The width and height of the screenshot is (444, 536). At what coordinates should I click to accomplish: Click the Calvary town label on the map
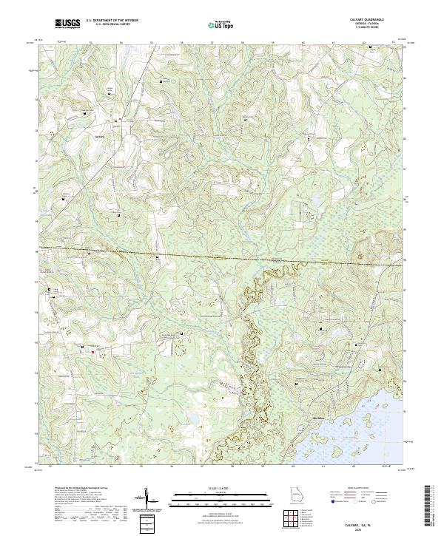101,136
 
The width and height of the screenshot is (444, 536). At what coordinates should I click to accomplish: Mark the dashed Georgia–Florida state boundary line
222,258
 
